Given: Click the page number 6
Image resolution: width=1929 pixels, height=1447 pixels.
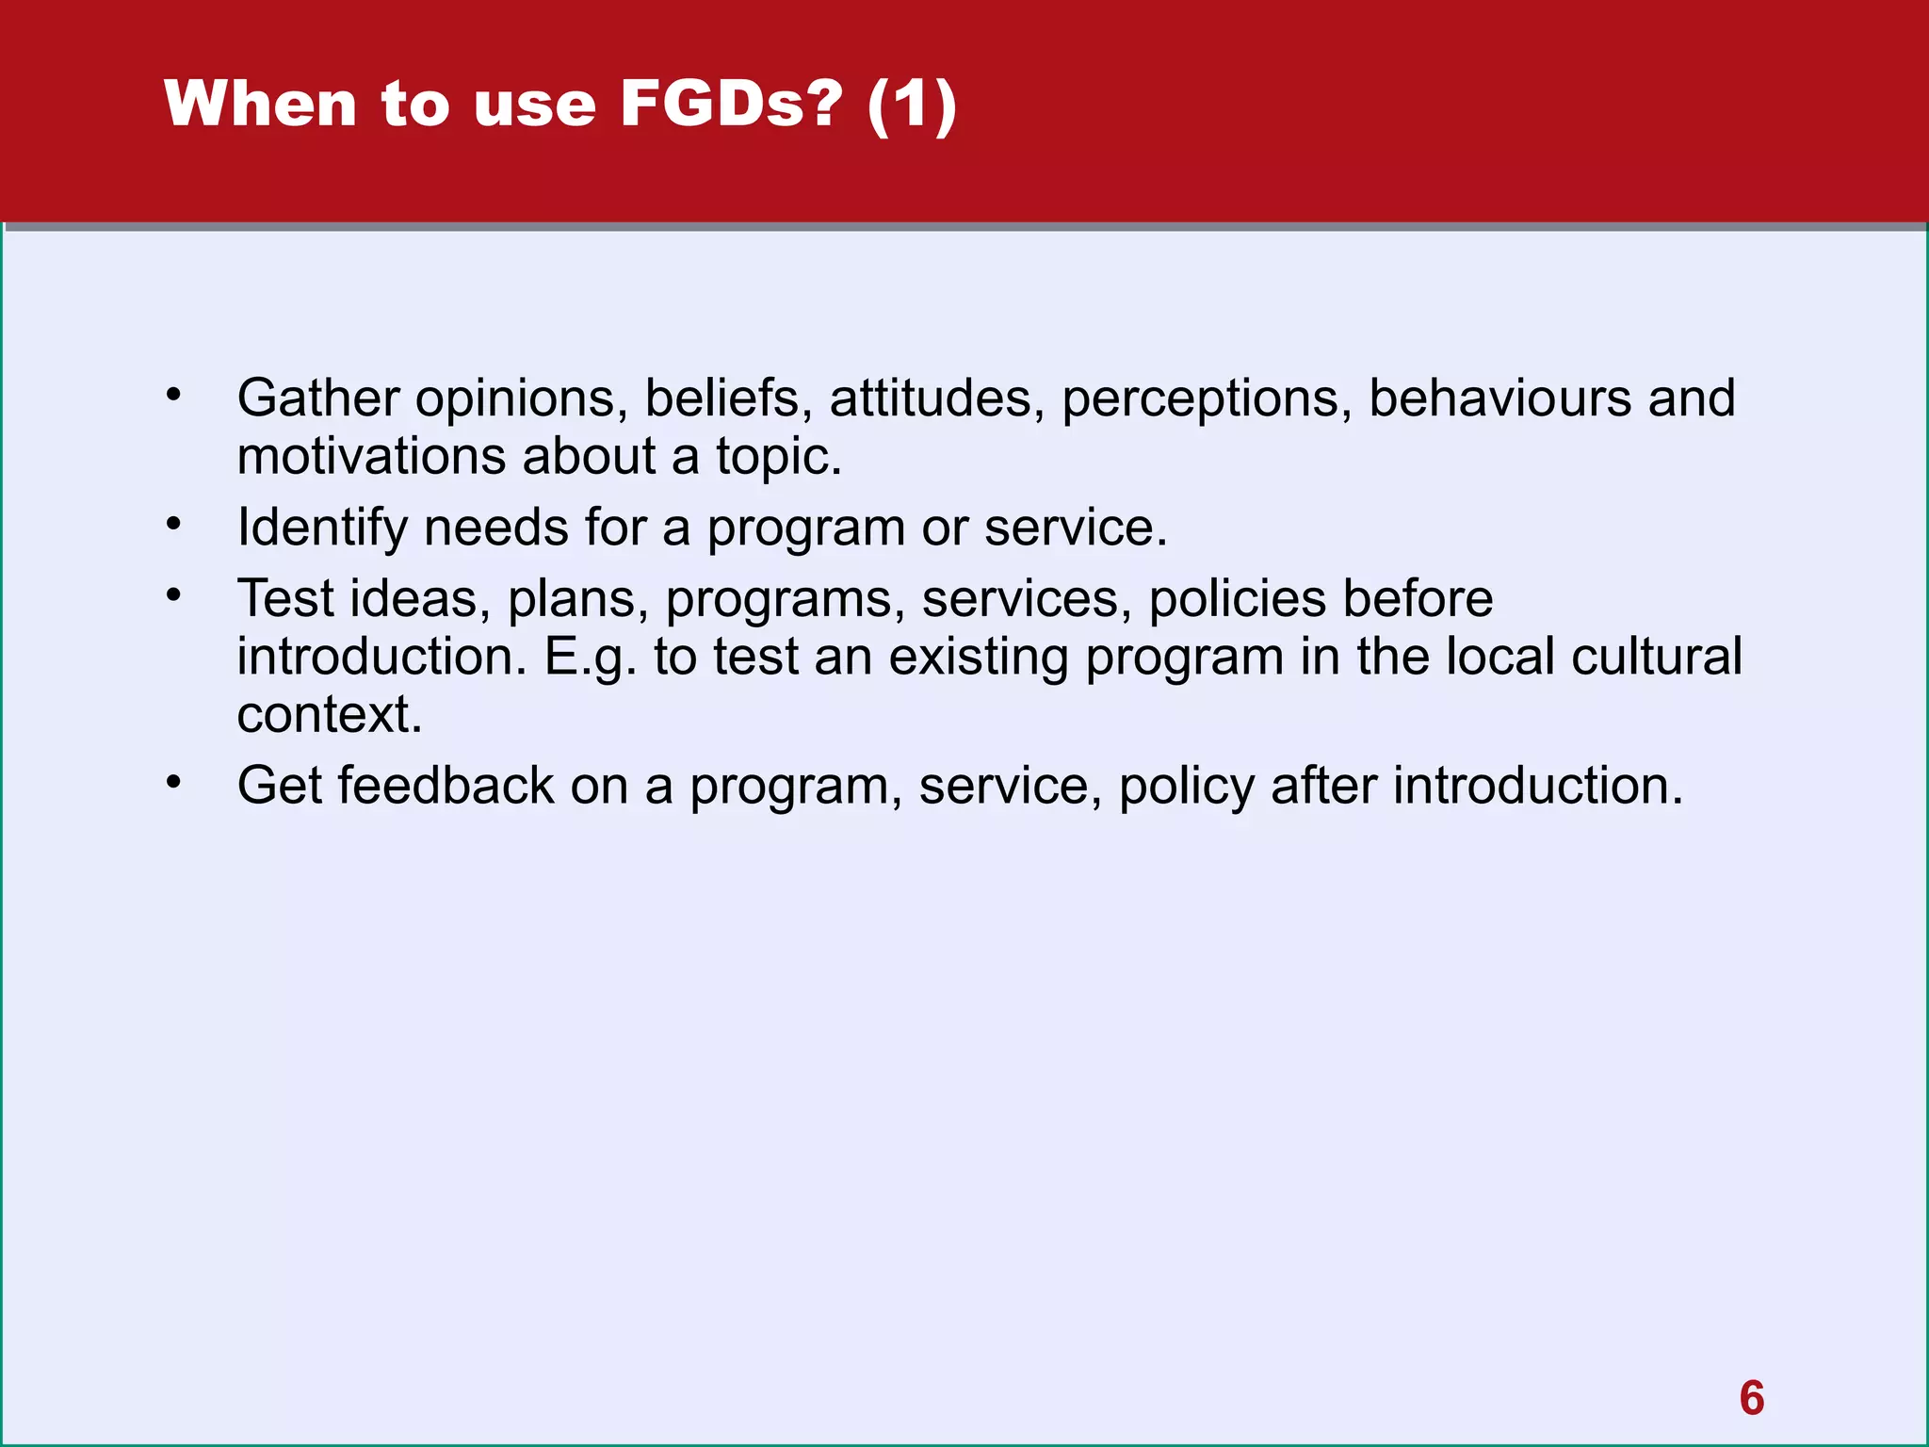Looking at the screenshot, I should (1751, 1398).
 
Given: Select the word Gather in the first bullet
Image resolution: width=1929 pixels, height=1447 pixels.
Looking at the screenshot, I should (318, 398).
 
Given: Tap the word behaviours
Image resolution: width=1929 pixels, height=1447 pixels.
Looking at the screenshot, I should (1499, 398).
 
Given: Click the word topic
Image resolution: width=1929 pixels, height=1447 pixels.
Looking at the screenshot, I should (778, 458).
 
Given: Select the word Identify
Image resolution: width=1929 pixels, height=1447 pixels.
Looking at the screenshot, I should (322, 528).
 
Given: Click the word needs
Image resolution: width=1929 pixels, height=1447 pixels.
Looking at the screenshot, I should (495, 527).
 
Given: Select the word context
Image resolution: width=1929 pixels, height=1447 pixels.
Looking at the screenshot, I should (329, 715).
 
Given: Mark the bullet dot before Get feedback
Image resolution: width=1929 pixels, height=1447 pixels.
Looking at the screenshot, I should (173, 781).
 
